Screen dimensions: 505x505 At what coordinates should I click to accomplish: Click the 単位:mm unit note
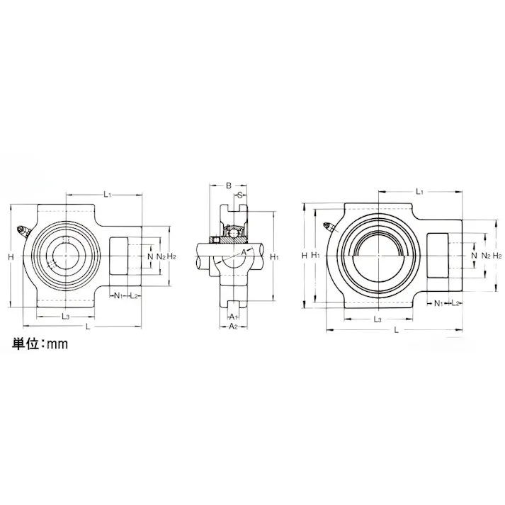coord(39,344)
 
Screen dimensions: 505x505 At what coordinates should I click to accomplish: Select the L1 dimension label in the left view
coord(107,193)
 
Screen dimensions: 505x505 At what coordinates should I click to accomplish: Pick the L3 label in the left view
coord(65,316)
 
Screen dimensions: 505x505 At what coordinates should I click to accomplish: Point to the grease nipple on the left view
coord(23,231)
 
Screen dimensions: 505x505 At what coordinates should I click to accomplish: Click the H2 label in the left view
coord(171,256)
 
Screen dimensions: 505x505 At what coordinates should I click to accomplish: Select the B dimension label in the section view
coord(228,186)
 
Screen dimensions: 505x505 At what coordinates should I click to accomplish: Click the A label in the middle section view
coord(244,251)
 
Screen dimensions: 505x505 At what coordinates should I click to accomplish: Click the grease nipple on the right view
coord(329,227)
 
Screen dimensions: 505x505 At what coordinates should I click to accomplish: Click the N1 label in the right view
coord(438,303)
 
